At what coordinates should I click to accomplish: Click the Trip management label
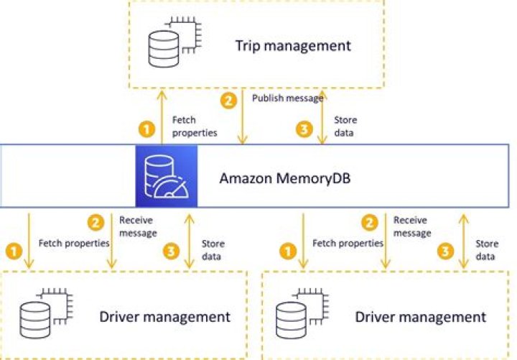293,47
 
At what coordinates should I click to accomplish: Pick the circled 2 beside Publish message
229,101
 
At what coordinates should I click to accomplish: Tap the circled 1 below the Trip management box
146,130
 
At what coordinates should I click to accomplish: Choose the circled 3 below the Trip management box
304,130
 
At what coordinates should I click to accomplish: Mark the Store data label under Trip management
345,126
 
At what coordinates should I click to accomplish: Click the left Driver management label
164,317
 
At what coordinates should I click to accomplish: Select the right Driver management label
420,317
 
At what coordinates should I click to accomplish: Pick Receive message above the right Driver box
411,226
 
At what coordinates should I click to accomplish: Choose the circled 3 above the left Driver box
171,251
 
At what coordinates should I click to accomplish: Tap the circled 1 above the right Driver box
288,251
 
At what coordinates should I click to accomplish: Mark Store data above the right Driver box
487,249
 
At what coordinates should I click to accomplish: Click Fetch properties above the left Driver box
74,244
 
